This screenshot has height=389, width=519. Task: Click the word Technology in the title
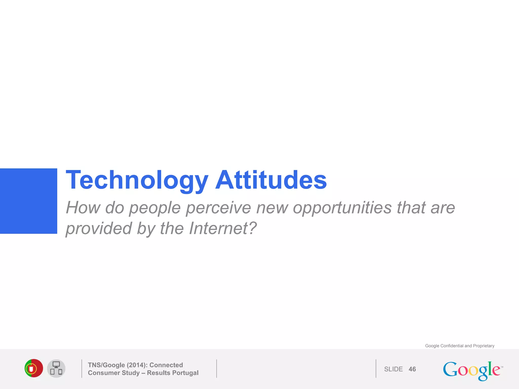[x=137, y=180]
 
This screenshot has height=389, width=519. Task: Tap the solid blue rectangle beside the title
[x=28, y=201]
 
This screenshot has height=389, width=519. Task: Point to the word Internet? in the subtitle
[x=223, y=228]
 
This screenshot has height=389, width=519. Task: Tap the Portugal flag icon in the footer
[x=34, y=368]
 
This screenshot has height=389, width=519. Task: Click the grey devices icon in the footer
[x=56, y=368]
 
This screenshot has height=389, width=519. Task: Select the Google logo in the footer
[x=473, y=370]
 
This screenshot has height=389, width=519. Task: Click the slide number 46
[x=412, y=369]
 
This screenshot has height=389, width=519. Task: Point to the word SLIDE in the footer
[x=393, y=369]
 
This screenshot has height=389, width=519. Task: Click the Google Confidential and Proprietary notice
[x=460, y=346]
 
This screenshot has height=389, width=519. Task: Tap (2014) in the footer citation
[x=137, y=365]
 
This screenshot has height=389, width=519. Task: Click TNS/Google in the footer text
[x=106, y=365]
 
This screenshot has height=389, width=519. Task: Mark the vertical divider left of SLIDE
[x=376, y=368]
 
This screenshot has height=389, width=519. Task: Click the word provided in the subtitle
[x=99, y=228]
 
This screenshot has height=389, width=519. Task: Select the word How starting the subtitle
[x=83, y=208]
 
